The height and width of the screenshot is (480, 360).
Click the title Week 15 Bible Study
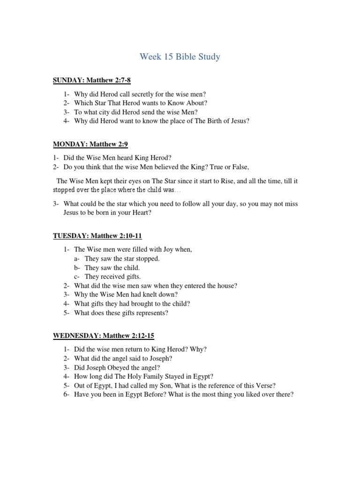pyautogui.click(x=180, y=57)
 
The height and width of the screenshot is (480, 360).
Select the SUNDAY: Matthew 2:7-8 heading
pyautogui.click(x=91, y=81)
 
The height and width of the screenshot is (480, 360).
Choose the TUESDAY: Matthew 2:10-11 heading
pyautogui.click(x=97, y=236)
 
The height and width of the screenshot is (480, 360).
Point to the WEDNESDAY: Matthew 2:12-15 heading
pyautogui.click(x=104, y=336)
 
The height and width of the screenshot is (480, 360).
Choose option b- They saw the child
pyautogui.click(x=112, y=268)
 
